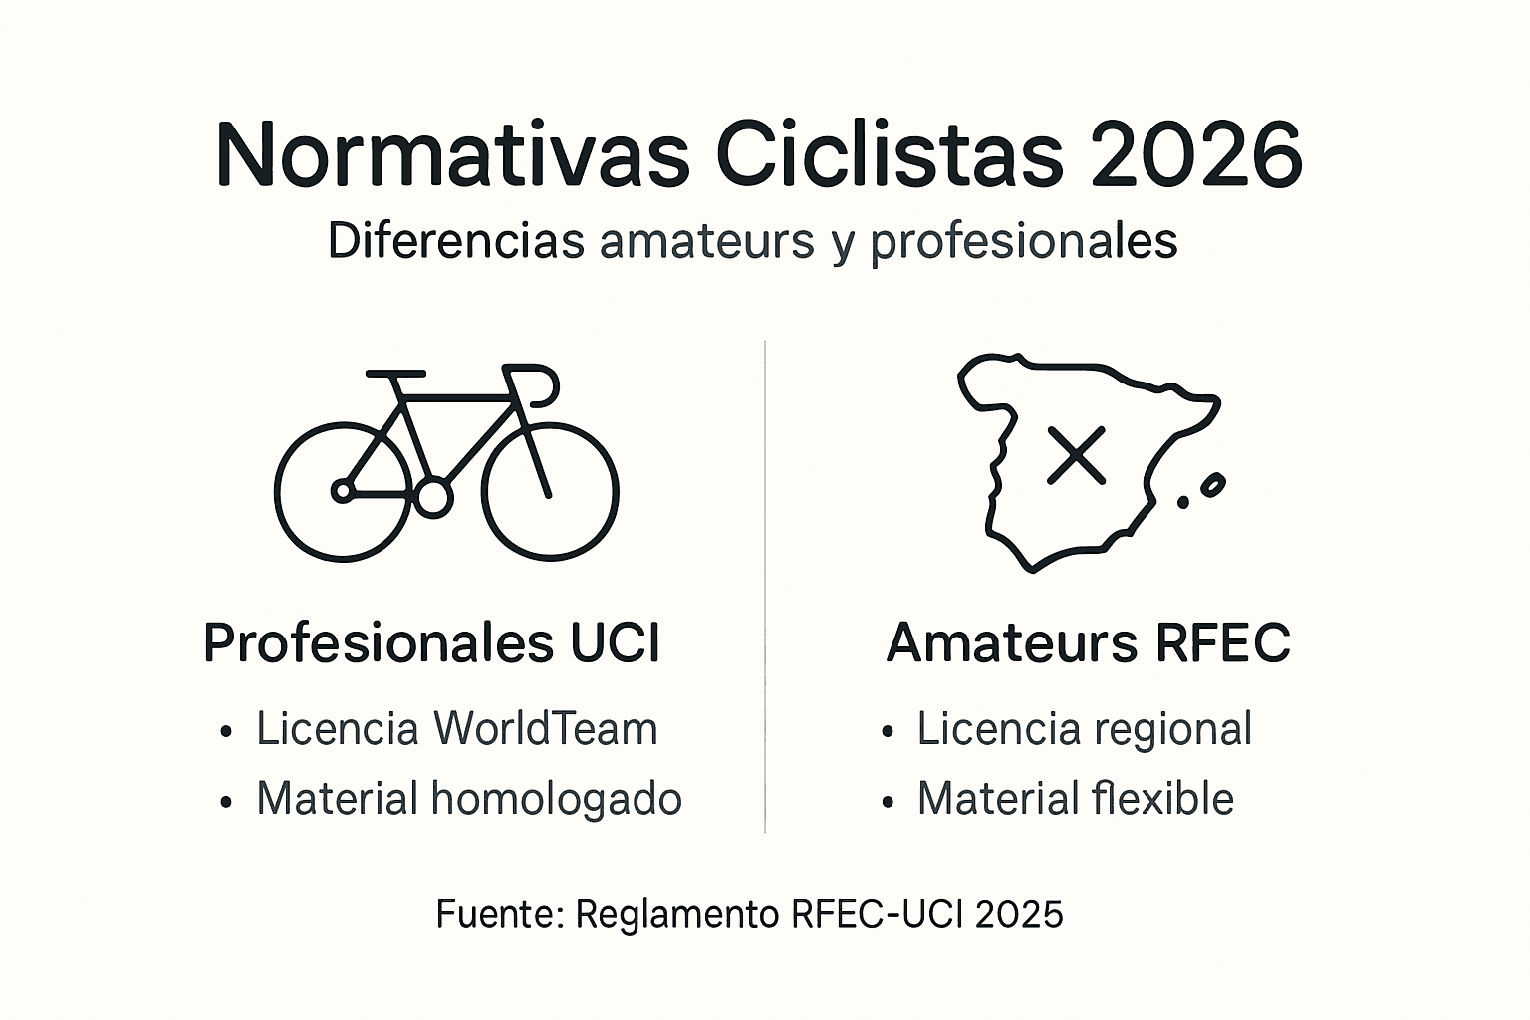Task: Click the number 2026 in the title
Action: tap(1195, 156)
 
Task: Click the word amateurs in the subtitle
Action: tap(707, 241)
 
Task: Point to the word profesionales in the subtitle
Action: tap(1024, 242)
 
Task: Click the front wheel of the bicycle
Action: tap(550, 492)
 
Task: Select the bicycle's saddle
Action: tap(395, 375)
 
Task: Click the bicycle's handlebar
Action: tap(538, 383)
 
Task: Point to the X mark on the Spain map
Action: tap(1077, 456)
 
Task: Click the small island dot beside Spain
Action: tap(1183, 502)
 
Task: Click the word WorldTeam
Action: tap(545, 729)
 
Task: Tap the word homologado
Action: tap(556, 799)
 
